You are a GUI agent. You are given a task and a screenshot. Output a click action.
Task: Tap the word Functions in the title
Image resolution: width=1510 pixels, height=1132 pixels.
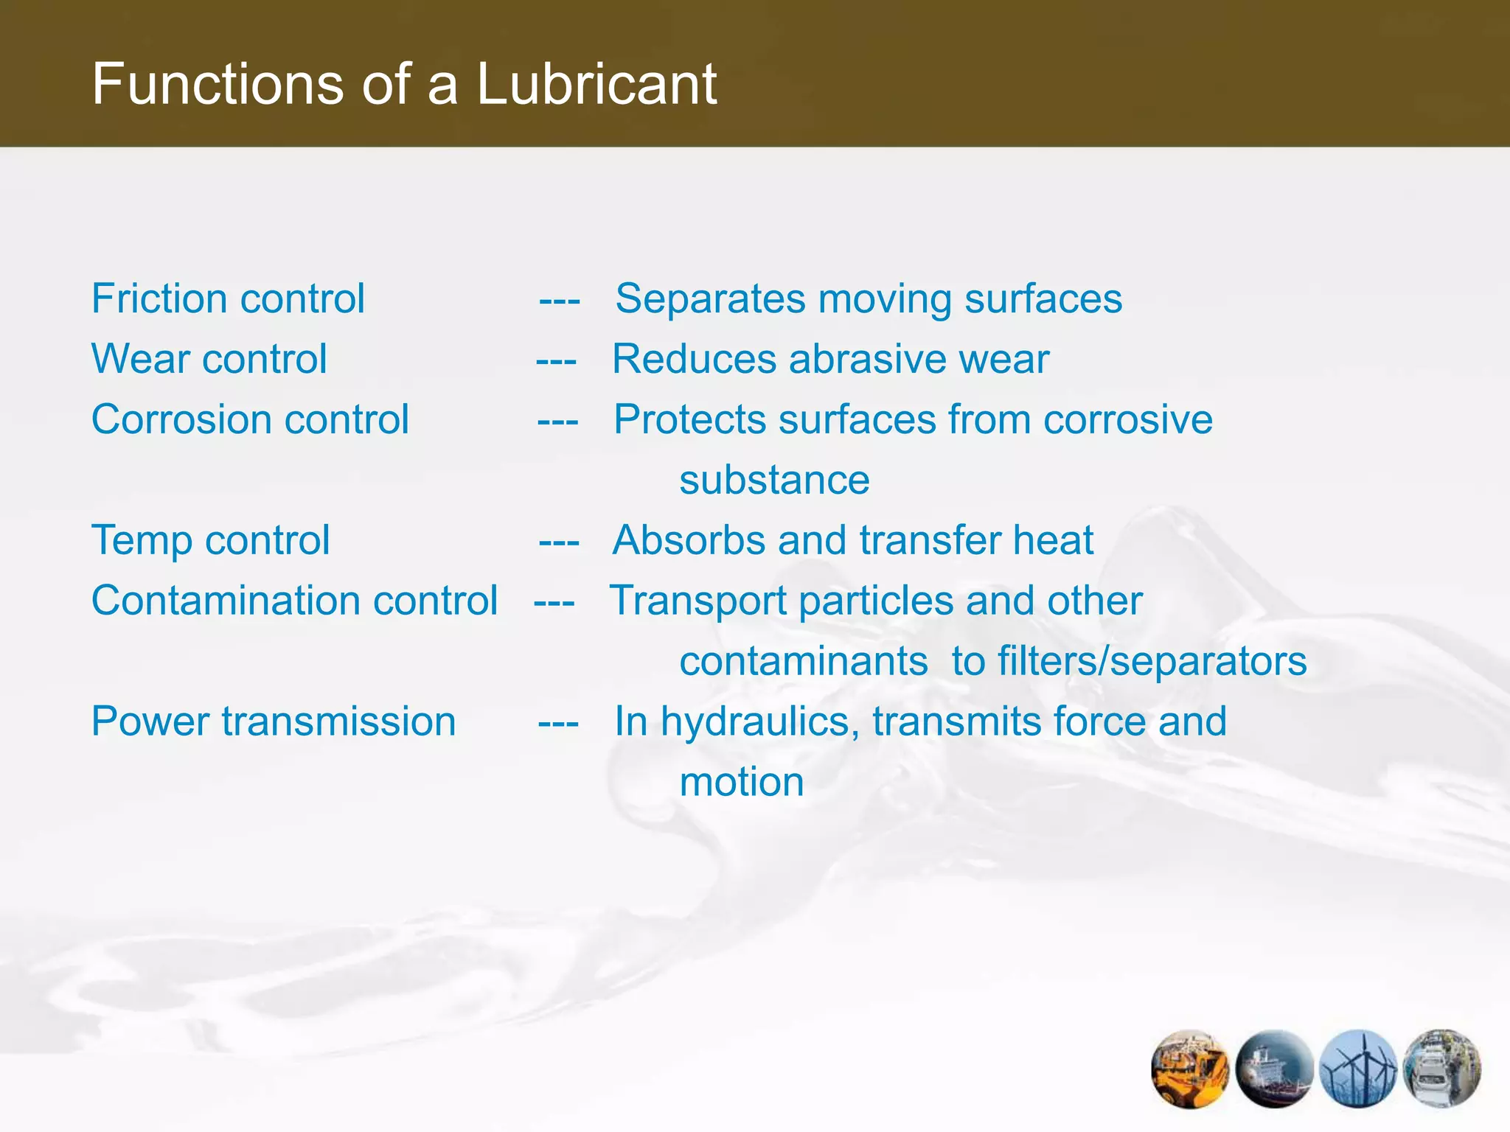pos(218,84)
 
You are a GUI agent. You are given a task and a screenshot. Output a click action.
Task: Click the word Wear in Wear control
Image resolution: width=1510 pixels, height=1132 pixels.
pos(140,359)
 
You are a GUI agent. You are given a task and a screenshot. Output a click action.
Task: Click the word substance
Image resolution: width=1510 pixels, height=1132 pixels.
pos(774,480)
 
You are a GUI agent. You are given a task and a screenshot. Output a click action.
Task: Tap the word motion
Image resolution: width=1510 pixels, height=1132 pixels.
pos(741,782)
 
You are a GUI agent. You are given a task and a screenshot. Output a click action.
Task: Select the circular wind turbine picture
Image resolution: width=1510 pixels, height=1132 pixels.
pos(1358,1069)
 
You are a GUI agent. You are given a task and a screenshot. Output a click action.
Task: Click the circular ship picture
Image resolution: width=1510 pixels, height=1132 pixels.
pos(1274,1069)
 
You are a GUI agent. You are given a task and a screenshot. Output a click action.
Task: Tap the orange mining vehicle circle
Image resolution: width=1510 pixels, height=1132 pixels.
pos(1189,1069)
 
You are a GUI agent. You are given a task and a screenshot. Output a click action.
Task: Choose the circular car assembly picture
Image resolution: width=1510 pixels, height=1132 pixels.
pos(1442,1069)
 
